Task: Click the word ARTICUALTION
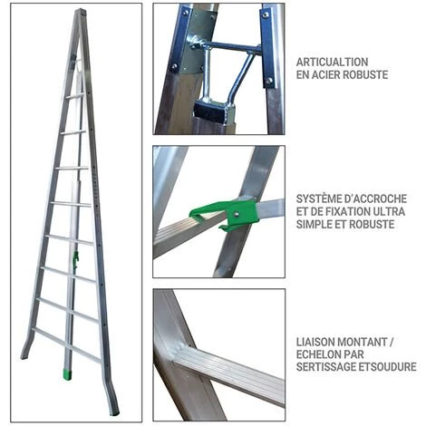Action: click(332, 62)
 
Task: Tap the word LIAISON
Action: click(315, 342)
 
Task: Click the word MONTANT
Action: click(363, 342)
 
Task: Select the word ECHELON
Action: click(317, 354)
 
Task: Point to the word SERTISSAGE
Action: click(325, 366)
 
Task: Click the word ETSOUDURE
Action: click(387, 366)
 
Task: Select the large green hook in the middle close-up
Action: click(224, 214)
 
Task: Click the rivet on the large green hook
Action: click(236, 214)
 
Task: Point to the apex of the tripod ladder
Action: click(81, 11)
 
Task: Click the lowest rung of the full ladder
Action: click(66, 344)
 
